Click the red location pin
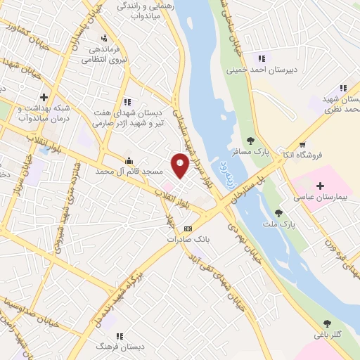coord(181,165)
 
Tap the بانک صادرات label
coord(188,240)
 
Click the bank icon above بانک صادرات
coord(188,229)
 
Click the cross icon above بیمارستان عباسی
coord(321,186)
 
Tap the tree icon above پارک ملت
coord(278,213)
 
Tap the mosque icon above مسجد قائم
coord(128,161)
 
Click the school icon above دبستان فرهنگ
coord(115,335)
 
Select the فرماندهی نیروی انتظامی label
coord(98,56)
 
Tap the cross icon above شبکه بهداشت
coord(44,97)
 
